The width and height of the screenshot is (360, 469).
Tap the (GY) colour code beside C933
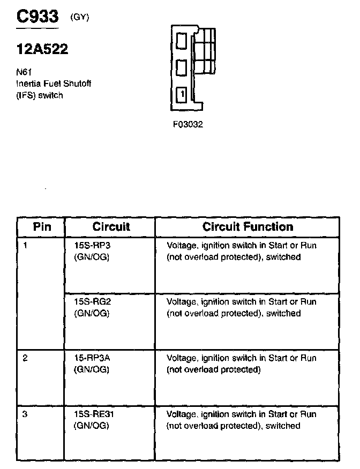click(x=80, y=17)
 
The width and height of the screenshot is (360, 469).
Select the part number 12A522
click(x=42, y=50)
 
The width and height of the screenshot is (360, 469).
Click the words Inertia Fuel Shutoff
click(x=47, y=84)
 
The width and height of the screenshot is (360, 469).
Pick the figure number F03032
click(x=187, y=125)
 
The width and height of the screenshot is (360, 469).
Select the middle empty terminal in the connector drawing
click(x=182, y=67)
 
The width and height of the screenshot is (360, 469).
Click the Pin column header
click(x=42, y=227)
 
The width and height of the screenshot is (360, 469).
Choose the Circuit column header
click(x=111, y=227)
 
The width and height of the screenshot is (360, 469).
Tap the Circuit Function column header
click(x=247, y=227)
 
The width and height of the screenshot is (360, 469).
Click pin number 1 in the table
click(x=26, y=246)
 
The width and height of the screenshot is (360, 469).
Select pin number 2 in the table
click(x=26, y=358)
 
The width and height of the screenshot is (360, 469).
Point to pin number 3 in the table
click(x=26, y=414)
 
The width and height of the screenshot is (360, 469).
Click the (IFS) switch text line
click(x=39, y=95)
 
